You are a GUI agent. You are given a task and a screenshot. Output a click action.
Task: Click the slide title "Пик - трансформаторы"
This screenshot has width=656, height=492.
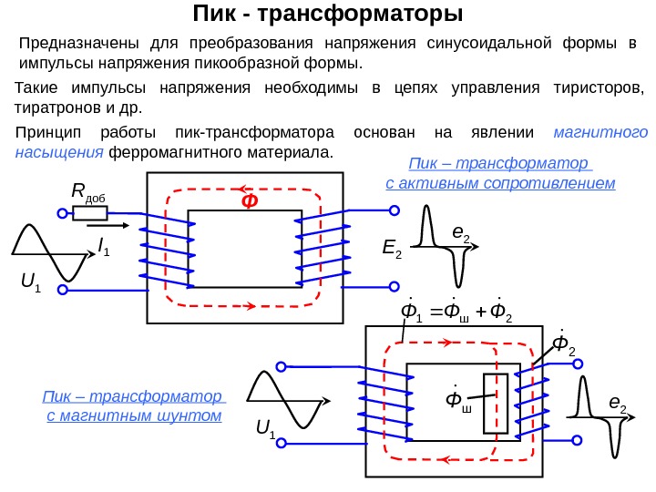[328, 15]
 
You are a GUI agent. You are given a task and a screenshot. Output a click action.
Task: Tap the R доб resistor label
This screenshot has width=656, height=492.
[88, 192]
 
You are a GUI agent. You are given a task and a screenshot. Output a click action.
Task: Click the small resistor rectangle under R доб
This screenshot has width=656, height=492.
[90, 214]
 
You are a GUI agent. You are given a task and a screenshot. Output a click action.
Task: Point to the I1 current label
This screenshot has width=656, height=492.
[103, 245]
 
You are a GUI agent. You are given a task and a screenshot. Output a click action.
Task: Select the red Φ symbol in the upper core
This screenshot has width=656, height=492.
[248, 200]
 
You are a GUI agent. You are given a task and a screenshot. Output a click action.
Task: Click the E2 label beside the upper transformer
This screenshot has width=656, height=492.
[393, 251]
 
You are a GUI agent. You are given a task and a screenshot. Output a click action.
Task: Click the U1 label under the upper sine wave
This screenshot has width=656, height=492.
[31, 290]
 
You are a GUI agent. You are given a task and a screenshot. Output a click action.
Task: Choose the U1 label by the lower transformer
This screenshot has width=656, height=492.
[265, 426]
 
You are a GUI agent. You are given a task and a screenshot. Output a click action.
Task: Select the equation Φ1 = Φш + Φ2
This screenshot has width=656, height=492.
[458, 313]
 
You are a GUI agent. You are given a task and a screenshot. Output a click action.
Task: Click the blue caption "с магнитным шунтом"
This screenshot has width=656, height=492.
[134, 416]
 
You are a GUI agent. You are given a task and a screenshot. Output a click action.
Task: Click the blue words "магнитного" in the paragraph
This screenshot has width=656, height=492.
[600, 132]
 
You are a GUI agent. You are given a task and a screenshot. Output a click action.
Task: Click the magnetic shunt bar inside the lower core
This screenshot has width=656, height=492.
[500, 403]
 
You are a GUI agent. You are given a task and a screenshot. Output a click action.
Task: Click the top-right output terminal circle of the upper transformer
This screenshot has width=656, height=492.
[395, 210]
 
